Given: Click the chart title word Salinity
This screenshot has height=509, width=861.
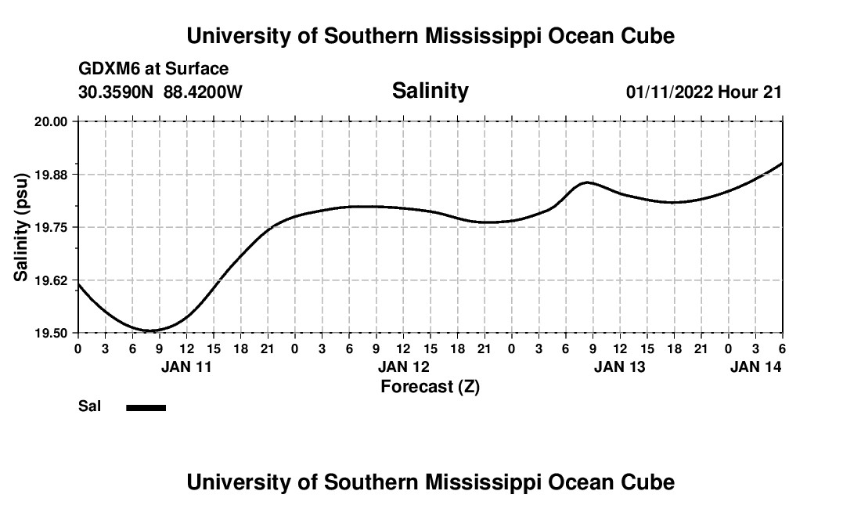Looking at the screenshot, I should coord(430,91).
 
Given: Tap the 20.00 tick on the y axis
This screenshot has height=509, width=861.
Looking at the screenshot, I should coord(50,121).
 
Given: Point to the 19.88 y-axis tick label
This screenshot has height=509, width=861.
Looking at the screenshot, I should coord(50,174).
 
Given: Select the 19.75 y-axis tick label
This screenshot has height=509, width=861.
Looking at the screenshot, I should coord(50,227).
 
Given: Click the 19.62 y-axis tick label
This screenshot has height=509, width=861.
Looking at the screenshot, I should coord(50,280).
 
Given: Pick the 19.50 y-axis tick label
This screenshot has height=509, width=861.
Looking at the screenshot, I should coord(50,333).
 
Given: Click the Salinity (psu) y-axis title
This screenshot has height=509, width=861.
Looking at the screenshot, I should coord(21,227).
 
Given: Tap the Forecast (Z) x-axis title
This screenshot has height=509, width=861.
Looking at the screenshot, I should coord(430,386).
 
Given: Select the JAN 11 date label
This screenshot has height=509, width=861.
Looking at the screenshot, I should coord(186,366).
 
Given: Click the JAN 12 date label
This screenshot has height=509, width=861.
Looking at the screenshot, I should coord(403,366).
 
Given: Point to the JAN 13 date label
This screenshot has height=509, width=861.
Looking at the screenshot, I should coord(620,366).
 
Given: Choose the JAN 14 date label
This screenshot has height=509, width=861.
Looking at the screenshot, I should coord(755,366).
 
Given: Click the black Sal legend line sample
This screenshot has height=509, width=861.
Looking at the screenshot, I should coord(146,407).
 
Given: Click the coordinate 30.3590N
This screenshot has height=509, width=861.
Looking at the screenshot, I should coord(117,92).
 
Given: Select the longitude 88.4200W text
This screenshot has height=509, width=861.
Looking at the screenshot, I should coord(203,92).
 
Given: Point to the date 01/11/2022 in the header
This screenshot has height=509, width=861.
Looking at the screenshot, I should coord(669,92).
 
